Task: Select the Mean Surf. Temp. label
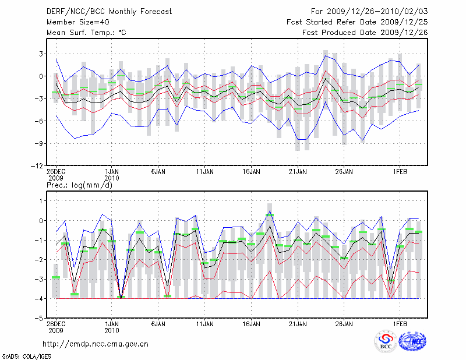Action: (86, 33)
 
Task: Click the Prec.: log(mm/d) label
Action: (79, 185)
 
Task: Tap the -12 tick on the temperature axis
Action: (35, 166)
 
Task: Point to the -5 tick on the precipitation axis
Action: (37, 319)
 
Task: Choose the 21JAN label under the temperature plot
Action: (298, 172)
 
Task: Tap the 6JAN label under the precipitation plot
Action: (158, 324)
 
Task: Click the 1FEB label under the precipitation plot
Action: (400, 324)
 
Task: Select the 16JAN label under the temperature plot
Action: (251, 172)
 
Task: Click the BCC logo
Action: (386, 342)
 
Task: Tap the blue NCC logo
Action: (412, 342)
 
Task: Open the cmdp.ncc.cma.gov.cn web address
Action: (96, 343)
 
